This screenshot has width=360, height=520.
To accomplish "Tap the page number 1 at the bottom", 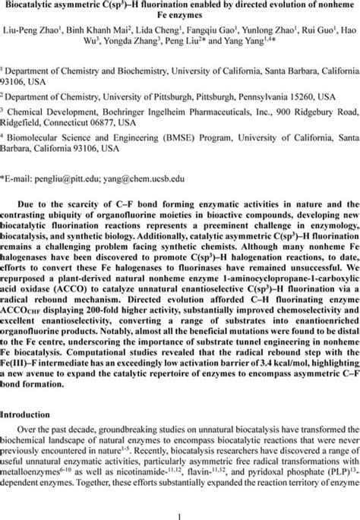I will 179,510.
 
